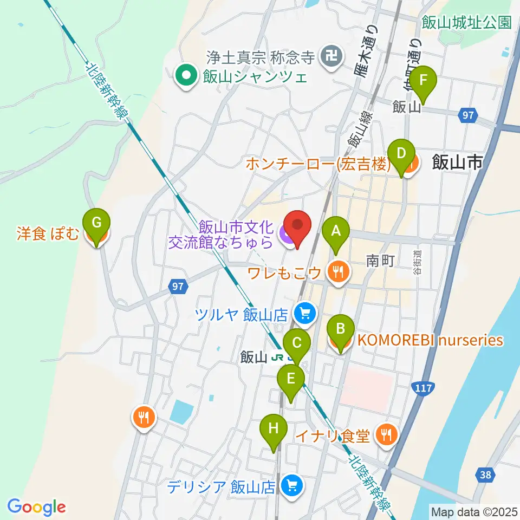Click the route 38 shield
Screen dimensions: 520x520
486,475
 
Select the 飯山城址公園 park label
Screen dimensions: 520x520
466,22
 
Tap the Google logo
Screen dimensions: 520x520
36,506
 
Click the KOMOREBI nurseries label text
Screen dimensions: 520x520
430,341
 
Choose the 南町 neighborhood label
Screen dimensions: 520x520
380,262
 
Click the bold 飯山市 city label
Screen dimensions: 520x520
457,162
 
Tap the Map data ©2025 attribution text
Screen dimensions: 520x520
473,511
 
